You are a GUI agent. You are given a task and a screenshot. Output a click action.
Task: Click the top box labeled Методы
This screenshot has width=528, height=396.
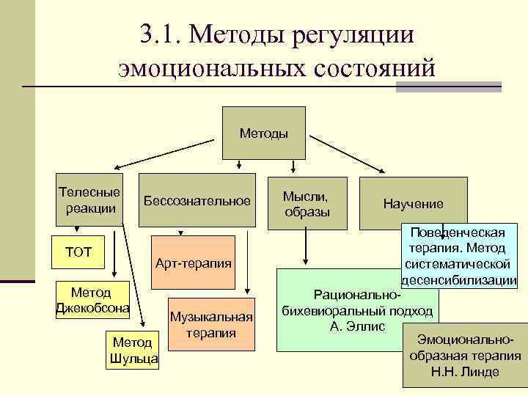click(264, 133)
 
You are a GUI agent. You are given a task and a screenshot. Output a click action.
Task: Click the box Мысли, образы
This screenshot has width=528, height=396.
click(307, 202)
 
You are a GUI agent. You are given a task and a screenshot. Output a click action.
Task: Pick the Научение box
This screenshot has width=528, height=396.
click(413, 204)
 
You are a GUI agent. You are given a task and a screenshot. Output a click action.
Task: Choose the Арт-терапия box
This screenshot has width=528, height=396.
click(193, 262)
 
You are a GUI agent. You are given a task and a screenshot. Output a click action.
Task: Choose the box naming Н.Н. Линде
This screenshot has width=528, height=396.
click(465, 355)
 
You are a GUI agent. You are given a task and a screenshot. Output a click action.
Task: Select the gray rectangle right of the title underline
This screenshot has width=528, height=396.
click(448, 87)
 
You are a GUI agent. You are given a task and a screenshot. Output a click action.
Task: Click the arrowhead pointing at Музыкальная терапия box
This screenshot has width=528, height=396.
click(249, 291)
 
